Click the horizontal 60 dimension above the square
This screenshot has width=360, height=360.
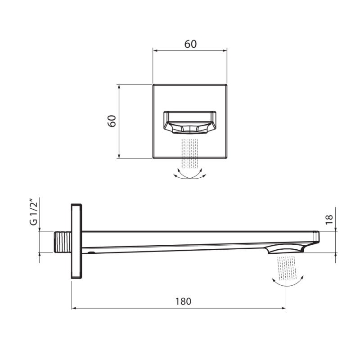click(190, 44)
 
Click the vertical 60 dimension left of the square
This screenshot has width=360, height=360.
click(112, 121)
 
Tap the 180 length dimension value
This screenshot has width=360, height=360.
click(183, 301)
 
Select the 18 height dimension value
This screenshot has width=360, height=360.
click(329, 220)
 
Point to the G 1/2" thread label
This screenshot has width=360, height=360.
click(33, 213)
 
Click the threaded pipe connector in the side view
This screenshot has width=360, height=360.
click(63, 242)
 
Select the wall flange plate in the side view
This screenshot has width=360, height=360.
click(76, 241)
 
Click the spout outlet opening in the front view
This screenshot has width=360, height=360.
click(190, 122)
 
